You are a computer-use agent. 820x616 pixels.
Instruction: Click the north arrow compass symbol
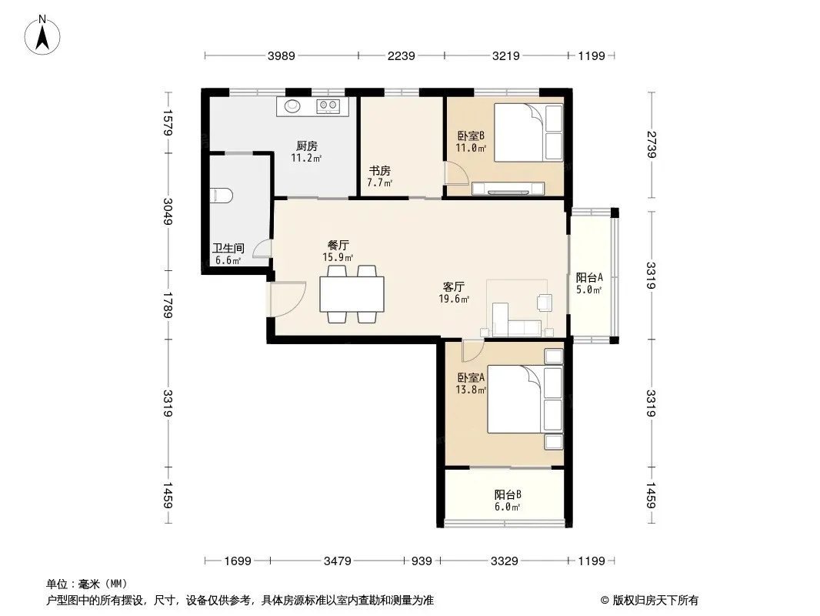[x=42, y=35]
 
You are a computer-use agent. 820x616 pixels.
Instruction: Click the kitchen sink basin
[x=293, y=106]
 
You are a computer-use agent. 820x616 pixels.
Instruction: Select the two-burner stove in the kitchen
[x=328, y=106]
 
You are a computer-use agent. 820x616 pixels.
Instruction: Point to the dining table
[x=352, y=294]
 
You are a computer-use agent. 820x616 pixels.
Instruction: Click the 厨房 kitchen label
[x=306, y=146]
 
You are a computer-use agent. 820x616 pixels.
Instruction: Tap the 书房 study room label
[x=380, y=171]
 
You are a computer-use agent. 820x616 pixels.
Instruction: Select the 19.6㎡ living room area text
[x=454, y=299]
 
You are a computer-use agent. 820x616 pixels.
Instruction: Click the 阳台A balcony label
[x=589, y=277]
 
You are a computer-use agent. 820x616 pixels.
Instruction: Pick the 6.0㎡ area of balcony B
[x=507, y=507]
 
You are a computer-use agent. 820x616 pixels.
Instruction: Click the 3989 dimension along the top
[x=282, y=55]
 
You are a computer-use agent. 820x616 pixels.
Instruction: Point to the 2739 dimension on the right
[x=651, y=145]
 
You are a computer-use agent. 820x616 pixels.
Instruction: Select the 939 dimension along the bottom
[x=422, y=561]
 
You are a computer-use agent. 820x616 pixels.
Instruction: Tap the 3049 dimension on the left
[x=168, y=212]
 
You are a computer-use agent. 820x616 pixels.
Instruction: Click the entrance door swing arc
[x=290, y=300]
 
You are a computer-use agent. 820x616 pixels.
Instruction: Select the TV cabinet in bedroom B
[x=508, y=189]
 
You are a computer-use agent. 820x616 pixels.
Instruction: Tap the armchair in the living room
[x=545, y=303]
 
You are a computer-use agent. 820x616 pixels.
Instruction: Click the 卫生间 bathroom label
[x=228, y=247]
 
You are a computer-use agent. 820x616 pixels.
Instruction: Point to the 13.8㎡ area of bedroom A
[x=471, y=390]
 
